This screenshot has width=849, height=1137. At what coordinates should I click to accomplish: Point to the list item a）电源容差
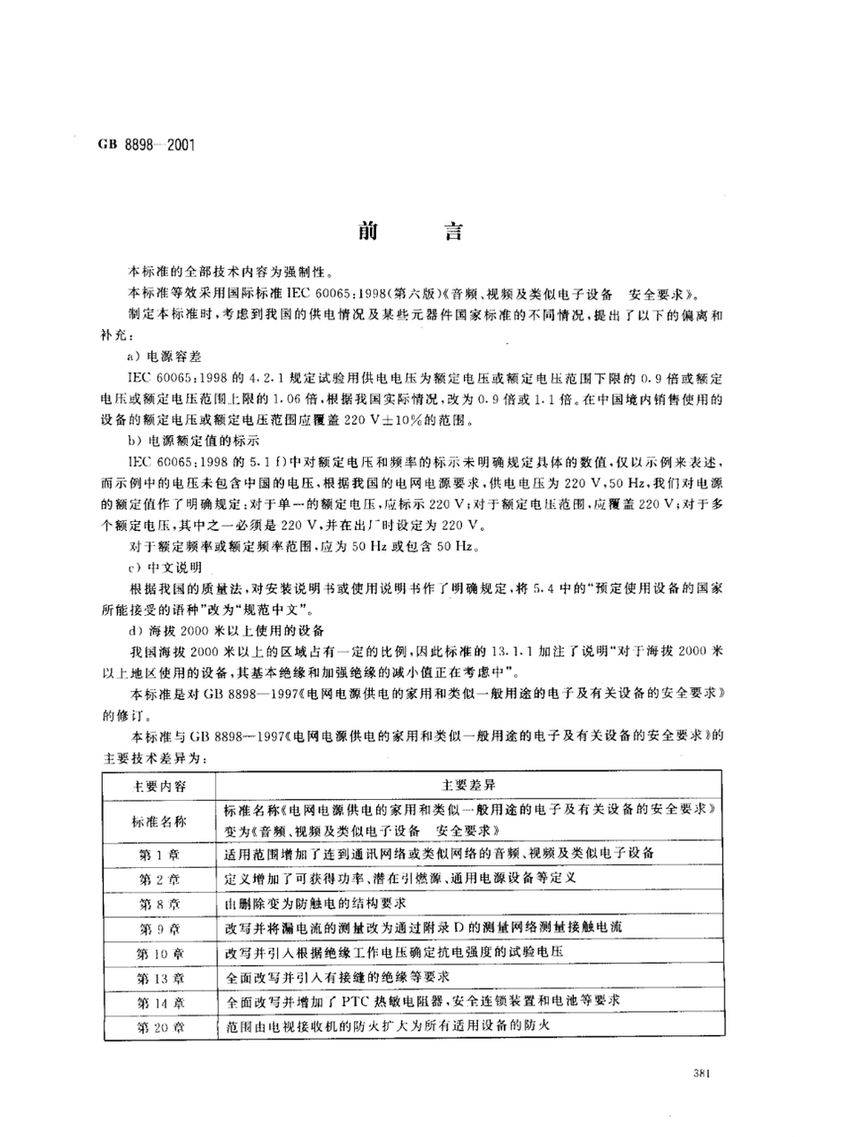click(x=167, y=356)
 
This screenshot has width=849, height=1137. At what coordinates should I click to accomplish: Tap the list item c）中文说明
click(x=167, y=567)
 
